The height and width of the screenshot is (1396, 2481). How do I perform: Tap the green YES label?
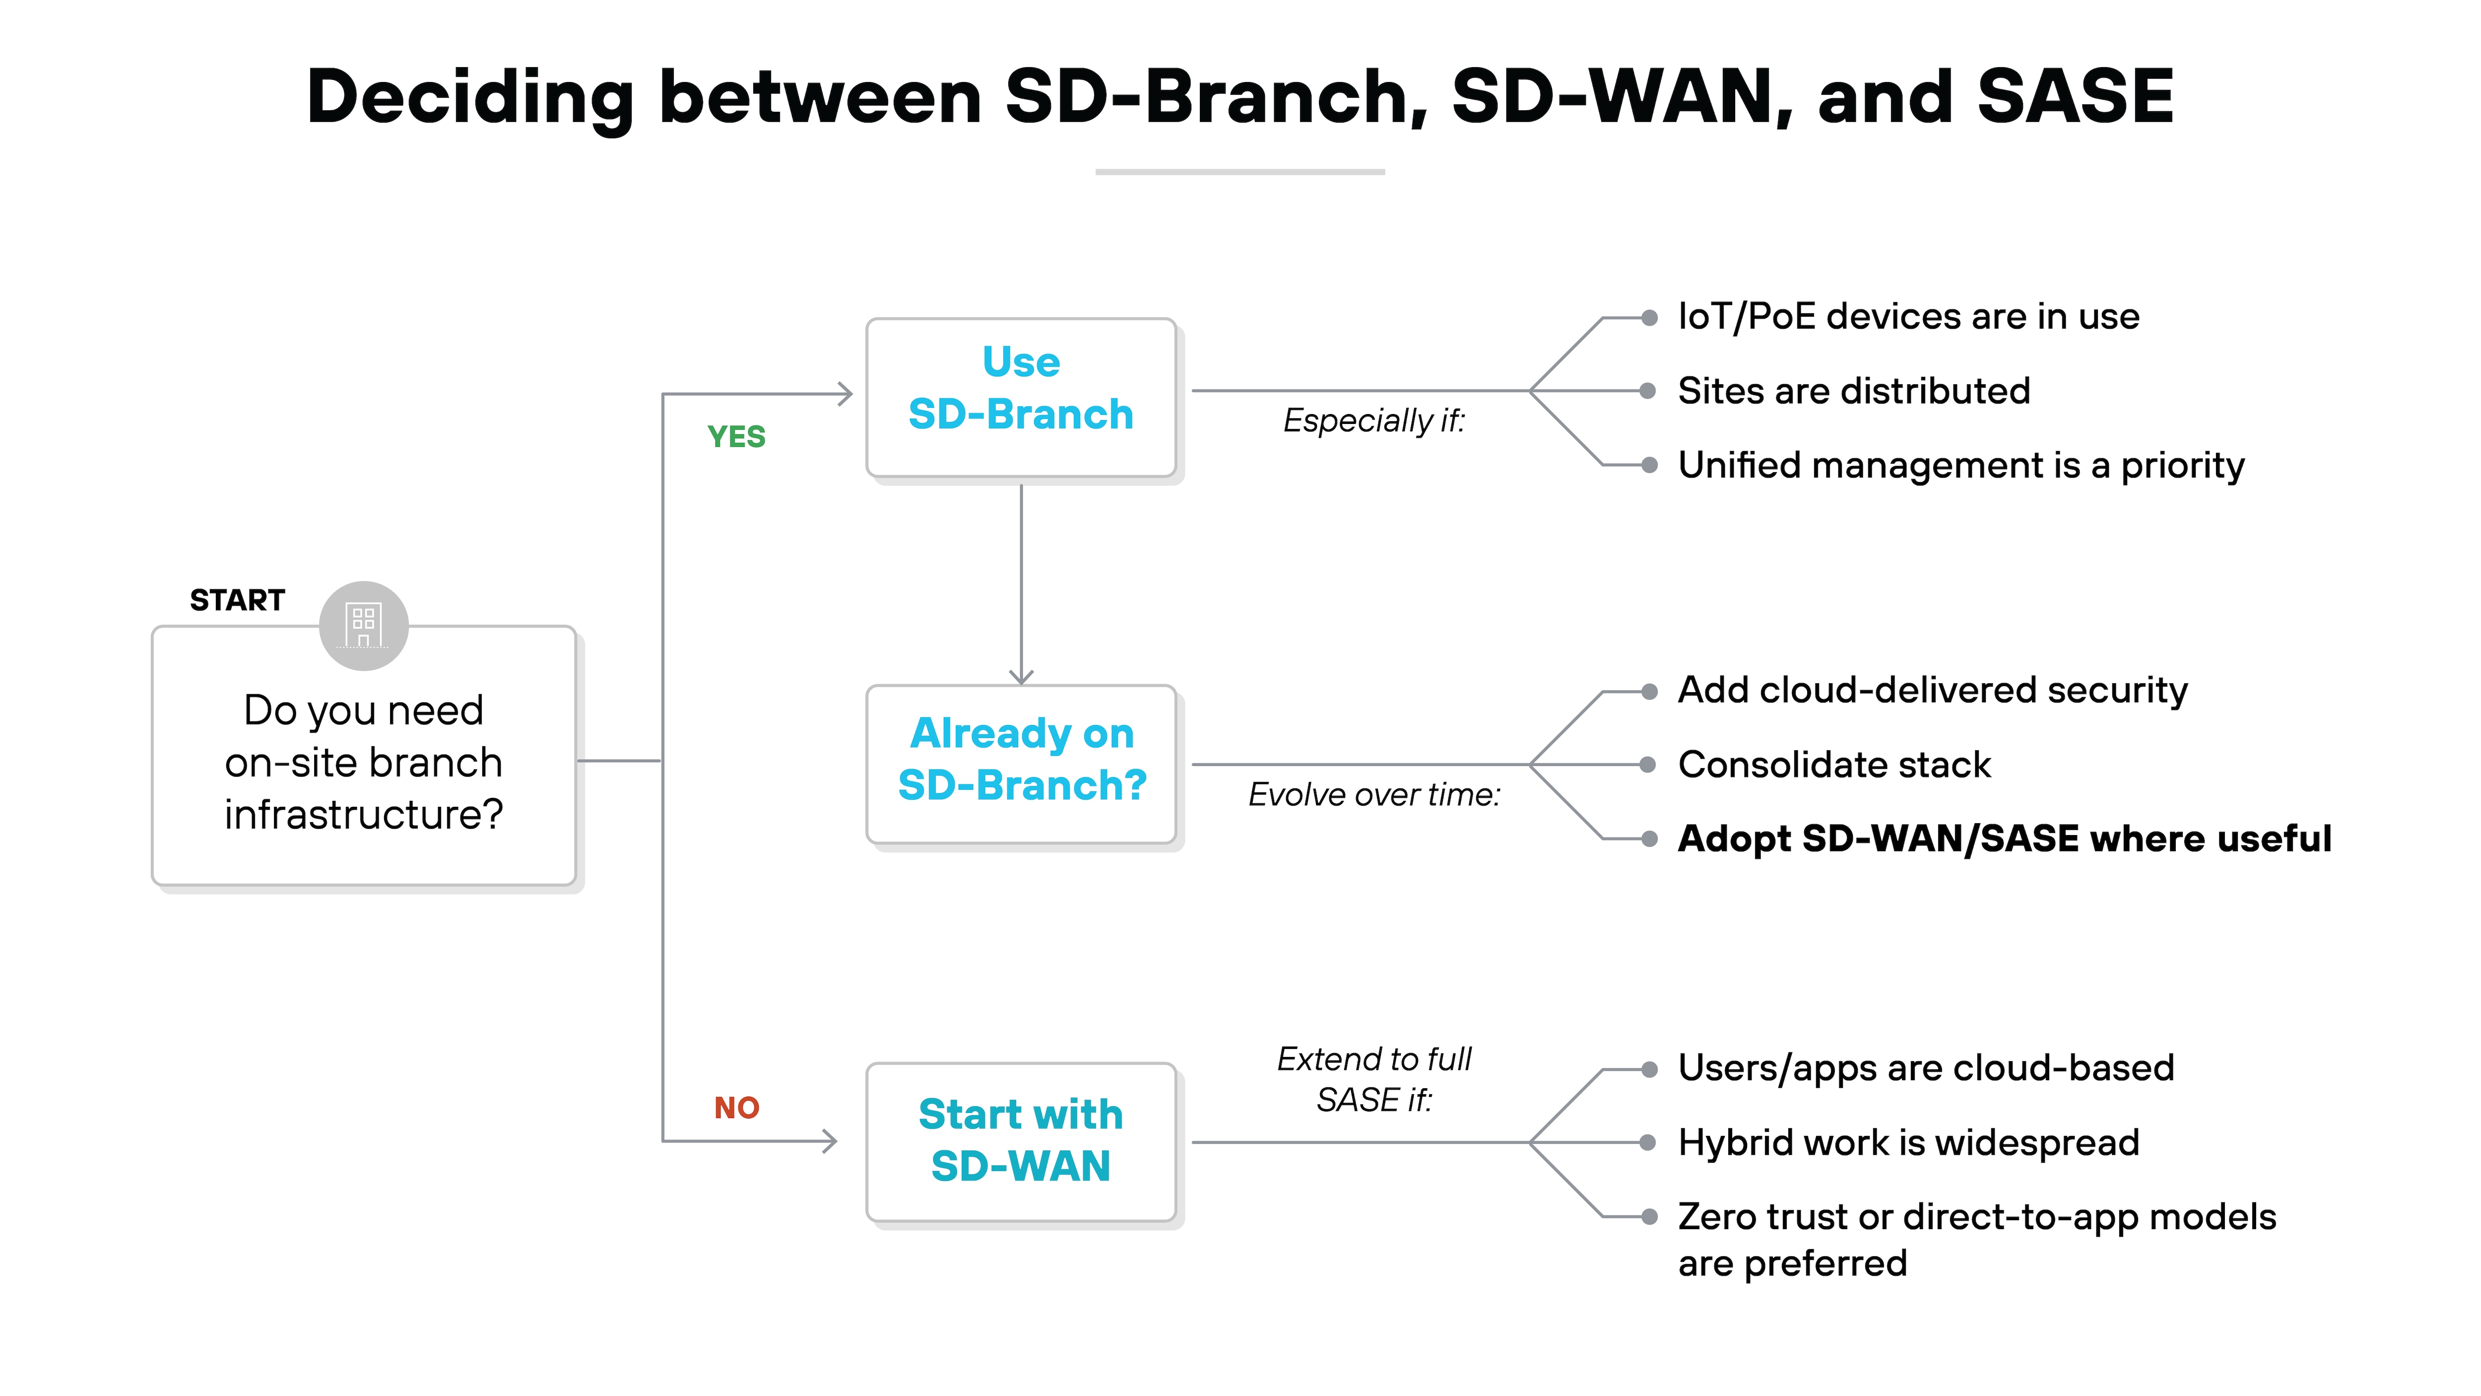pos(736,436)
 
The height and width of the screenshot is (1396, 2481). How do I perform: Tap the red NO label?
pos(736,1108)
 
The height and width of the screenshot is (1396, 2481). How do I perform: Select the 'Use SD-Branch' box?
pos(1020,397)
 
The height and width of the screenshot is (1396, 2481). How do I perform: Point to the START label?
pos(237,600)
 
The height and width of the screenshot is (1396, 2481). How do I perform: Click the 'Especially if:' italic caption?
pos(1373,421)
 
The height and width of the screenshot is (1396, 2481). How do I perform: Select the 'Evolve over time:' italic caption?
pos(1373,795)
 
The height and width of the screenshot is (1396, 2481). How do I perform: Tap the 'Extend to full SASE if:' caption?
pos(1373,1079)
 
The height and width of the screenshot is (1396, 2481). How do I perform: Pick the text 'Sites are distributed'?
pos(1853,391)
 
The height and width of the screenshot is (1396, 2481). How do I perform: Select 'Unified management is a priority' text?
pos(1960,465)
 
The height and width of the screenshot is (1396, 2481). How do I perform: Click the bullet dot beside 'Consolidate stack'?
pos(1649,765)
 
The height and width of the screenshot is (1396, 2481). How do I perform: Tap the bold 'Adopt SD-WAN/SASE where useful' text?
pos(2003,839)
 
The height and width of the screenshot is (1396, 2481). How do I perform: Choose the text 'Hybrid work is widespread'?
pos(1907,1143)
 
